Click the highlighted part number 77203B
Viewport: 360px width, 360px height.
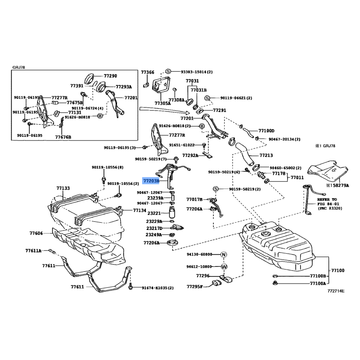tap(151, 180)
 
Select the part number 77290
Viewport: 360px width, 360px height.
tap(110, 76)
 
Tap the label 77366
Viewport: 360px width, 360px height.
tap(147, 72)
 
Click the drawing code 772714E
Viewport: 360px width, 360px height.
tap(336, 291)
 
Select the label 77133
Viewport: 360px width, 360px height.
tap(63, 188)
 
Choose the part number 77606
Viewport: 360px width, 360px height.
tap(36, 233)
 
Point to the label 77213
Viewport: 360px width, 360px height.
tap(266, 155)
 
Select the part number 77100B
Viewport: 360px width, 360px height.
tap(317, 275)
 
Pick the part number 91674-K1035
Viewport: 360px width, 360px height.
tap(156, 287)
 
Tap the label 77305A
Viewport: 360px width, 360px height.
tap(162, 103)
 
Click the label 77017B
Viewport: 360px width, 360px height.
tap(194, 199)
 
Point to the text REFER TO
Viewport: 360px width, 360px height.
tap(327, 199)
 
